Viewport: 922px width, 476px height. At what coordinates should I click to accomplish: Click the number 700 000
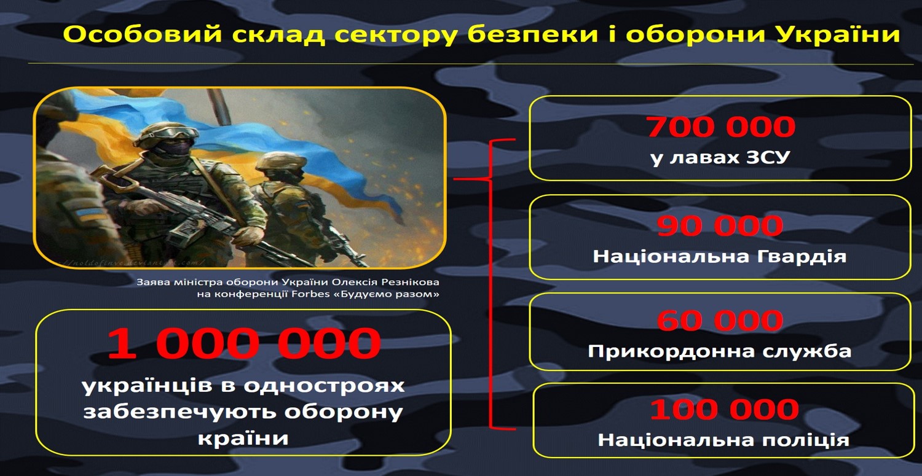[720, 127]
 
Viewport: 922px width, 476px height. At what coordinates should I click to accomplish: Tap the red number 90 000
[720, 225]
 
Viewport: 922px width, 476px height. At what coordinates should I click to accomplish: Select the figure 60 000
[720, 320]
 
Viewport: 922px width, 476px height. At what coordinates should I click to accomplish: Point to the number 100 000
[725, 409]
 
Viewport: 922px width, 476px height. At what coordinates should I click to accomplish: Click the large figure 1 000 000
[244, 343]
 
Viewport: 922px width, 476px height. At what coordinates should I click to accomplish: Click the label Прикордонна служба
[720, 351]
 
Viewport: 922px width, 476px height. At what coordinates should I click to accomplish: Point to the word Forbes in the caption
[311, 294]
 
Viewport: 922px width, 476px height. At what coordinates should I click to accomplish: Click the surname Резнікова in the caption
[410, 283]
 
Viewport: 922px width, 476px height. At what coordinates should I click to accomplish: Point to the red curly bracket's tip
[454, 179]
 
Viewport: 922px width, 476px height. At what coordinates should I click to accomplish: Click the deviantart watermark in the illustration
[132, 262]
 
